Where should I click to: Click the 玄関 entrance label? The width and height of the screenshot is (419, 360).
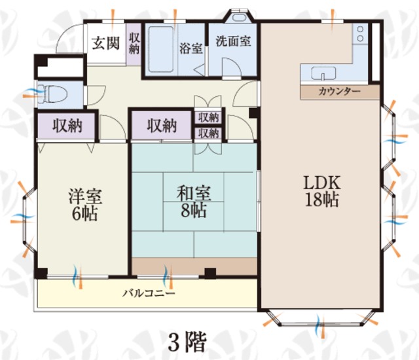pyautogui.click(x=105, y=43)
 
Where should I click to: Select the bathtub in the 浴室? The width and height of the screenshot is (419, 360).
pyautogui.click(x=160, y=49)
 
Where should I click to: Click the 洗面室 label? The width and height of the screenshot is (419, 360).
pyautogui.click(x=233, y=41)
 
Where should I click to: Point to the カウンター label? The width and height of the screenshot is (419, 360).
pyautogui.click(x=339, y=92)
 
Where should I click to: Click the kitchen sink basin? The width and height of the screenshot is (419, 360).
pyautogui.click(x=323, y=73)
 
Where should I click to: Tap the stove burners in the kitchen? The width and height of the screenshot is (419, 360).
pyautogui.click(x=360, y=34)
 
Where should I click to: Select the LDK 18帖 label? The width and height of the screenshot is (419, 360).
pyautogui.click(x=322, y=191)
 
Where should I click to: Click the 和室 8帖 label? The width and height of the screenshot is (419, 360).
pyautogui.click(x=194, y=201)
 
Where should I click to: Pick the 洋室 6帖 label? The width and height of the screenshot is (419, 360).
pyautogui.click(x=85, y=204)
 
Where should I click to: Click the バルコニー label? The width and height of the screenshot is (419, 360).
pyautogui.click(x=149, y=293)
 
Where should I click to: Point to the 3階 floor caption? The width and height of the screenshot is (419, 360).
pyautogui.click(x=187, y=342)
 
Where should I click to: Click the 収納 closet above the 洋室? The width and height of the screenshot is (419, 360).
pyautogui.click(x=66, y=126)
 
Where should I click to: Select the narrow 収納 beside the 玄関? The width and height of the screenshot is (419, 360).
pyautogui.click(x=134, y=44)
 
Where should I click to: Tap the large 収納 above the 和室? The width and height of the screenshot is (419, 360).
pyautogui.click(x=162, y=125)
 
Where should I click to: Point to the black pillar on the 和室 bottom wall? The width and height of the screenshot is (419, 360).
pyautogui.click(x=210, y=273)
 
